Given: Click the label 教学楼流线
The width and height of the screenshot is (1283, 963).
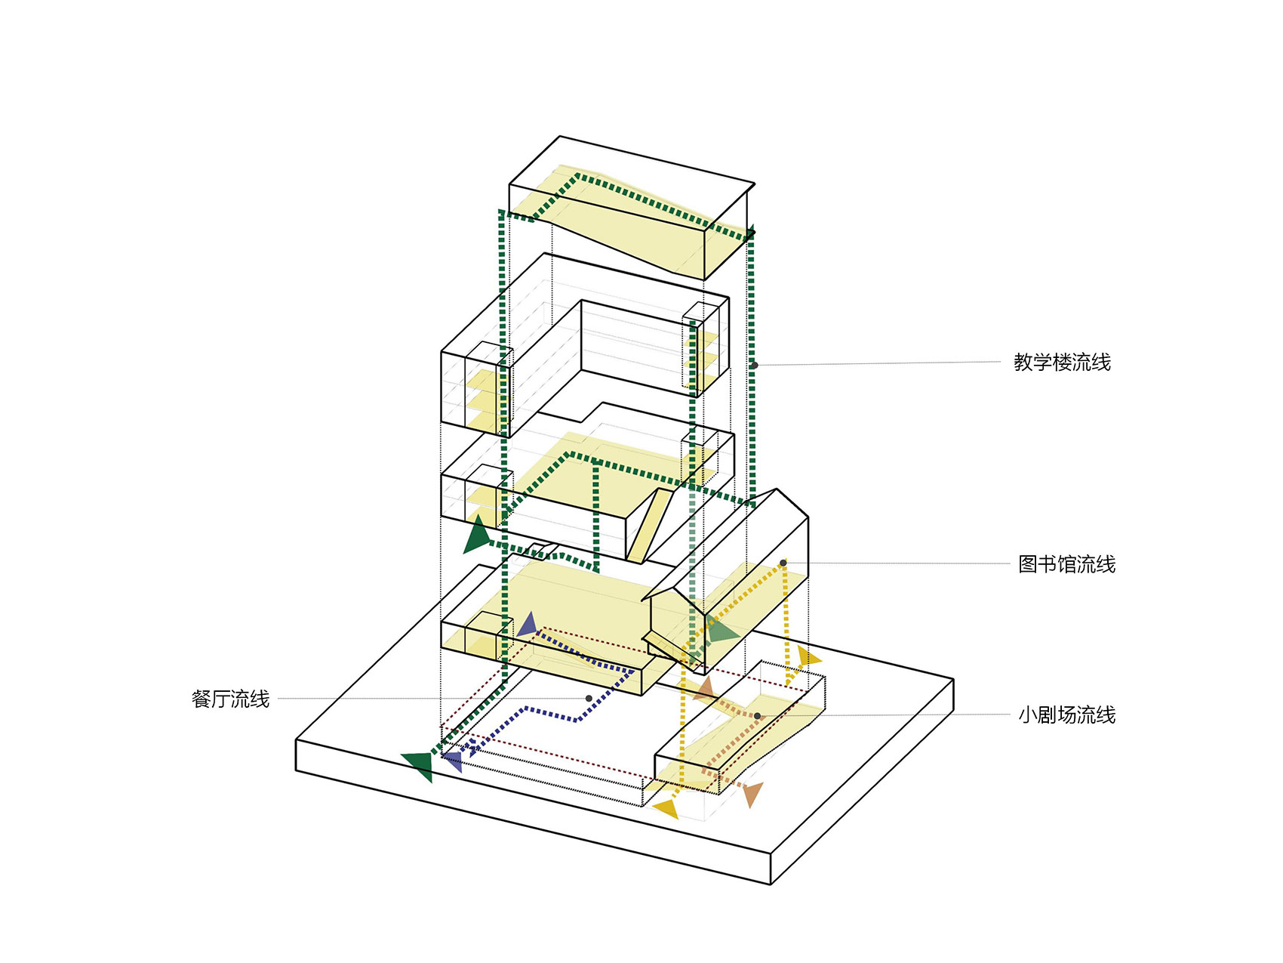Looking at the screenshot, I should (x=1061, y=363).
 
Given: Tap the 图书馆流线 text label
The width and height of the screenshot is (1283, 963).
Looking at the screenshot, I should (x=1066, y=564).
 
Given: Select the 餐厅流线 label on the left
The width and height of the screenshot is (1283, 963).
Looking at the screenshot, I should (x=230, y=699).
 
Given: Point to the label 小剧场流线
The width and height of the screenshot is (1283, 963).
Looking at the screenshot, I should (x=1066, y=715).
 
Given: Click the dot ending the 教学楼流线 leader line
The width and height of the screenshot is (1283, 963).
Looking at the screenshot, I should (x=754, y=366).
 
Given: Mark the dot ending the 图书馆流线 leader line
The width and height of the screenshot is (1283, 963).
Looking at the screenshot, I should (x=783, y=563).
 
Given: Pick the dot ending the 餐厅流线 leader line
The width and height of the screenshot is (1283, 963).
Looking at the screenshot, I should (x=589, y=699).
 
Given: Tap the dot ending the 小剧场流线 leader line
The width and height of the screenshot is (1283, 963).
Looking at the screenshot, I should (x=757, y=716).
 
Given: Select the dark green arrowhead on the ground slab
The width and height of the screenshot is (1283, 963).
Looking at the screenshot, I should (x=420, y=765).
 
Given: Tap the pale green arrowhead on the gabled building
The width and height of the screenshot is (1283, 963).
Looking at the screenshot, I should (x=721, y=631).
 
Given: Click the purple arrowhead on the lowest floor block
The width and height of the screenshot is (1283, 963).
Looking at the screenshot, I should (x=527, y=625).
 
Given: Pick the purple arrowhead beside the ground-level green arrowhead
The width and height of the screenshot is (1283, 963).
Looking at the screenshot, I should (x=453, y=761).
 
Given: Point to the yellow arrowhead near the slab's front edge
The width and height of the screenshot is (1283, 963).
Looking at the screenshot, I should (x=667, y=809).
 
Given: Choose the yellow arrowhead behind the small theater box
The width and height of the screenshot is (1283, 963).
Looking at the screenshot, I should (x=808, y=656).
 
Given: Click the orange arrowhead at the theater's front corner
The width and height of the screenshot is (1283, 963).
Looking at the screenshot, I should (x=752, y=794).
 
